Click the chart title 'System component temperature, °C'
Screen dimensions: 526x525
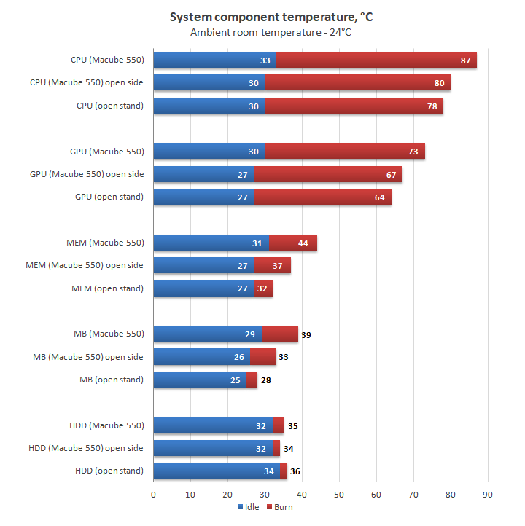[261, 17]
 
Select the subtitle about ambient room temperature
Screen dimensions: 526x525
[261, 32]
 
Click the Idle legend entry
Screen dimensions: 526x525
[249, 507]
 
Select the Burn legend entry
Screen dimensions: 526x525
[280, 507]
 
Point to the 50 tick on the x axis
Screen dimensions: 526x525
[339, 495]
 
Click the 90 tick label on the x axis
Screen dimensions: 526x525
[488, 495]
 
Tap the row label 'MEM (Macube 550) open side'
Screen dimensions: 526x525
[85, 265]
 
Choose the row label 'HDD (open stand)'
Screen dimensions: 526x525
[109, 471]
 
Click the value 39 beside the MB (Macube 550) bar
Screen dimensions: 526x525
[306, 334]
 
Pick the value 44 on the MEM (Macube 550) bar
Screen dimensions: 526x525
[303, 243]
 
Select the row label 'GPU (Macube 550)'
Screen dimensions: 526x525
[107, 152]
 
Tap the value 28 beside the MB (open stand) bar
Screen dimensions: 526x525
[266, 380]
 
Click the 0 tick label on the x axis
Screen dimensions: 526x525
[153, 495]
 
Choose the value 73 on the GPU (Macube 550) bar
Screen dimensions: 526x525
[413, 152]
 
